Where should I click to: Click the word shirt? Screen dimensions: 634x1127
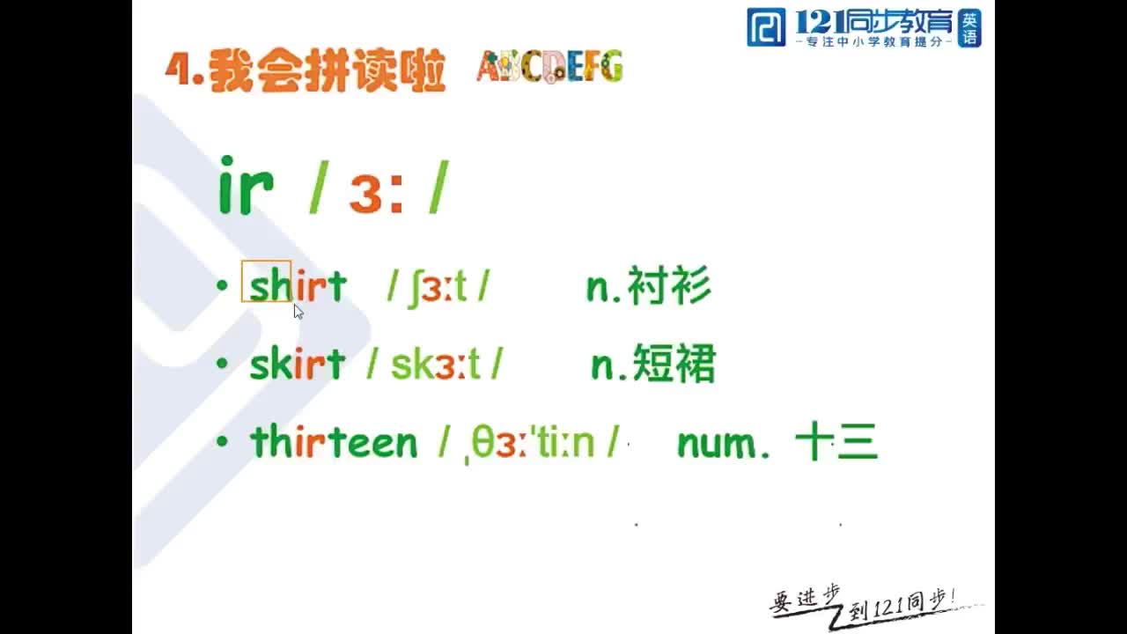point(298,286)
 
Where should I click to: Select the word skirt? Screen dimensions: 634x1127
point(297,364)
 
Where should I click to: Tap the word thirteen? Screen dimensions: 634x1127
point(334,442)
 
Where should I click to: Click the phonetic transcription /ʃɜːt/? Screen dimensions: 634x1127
point(438,286)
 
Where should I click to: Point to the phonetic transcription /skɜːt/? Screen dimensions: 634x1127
point(435,364)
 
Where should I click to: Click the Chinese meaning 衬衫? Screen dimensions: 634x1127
point(668,287)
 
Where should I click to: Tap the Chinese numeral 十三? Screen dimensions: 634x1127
point(836,443)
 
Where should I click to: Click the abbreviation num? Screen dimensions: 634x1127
point(723,444)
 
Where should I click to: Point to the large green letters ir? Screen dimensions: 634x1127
point(246,186)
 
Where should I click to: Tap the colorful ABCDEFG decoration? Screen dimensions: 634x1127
point(549,67)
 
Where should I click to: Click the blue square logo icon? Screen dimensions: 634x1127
point(765,27)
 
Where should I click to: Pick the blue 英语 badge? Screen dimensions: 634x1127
point(969,27)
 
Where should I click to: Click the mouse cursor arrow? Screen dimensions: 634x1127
point(298,311)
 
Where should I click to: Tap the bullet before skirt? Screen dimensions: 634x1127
point(222,364)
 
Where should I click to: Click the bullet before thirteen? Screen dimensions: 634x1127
point(222,441)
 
